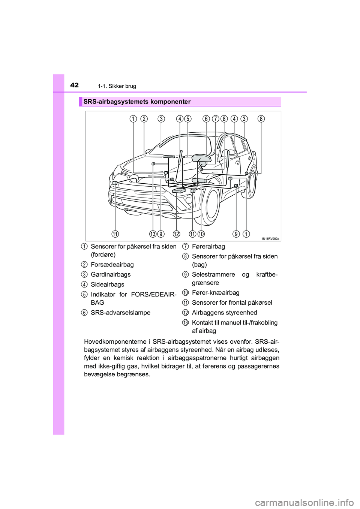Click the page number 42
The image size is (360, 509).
click(x=75, y=85)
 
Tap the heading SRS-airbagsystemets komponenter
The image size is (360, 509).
click(x=137, y=102)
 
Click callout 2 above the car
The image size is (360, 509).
click(x=144, y=119)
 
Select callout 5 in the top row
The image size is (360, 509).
click(x=188, y=119)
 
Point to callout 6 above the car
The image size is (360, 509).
click(x=206, y=119)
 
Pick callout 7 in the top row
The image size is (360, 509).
click(x=215, y=119)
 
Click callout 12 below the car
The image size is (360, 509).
click(x=176, y=234)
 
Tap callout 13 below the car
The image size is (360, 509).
click(x=153, y=234)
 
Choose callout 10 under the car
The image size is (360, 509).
click(x=201, y=234)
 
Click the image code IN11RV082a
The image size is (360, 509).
click(x=270, y=238)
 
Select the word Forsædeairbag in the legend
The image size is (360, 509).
click(x=112, y=265)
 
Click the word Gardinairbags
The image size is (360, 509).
click(x=111, y=274)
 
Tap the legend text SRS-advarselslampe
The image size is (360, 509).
click(x=120, y=313)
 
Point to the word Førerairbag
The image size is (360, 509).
click(x=208, y=246)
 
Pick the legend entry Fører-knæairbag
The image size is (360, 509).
click(x=216, y=292)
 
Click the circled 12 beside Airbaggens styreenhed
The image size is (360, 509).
click(x=186, y=313)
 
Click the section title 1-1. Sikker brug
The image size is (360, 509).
click(x=117, y=86)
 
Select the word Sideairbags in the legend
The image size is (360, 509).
click(x=108, y=284)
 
